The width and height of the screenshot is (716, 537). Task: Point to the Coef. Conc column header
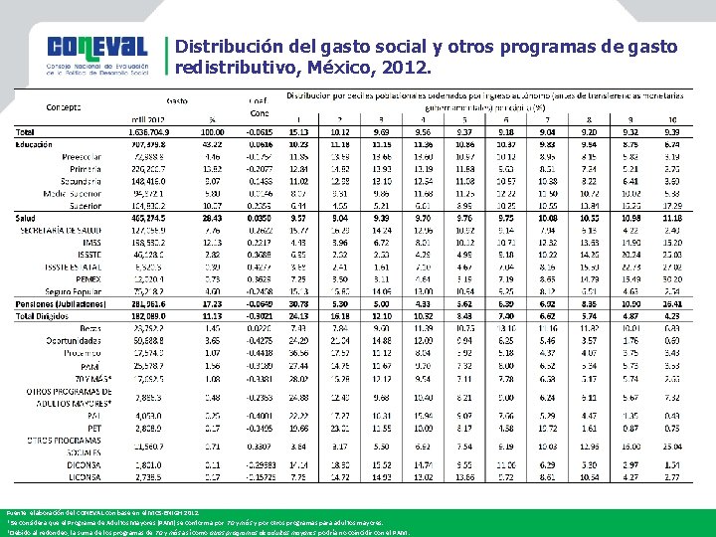(x=259, y=105)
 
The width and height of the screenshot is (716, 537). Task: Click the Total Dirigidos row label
(x=51, y=314)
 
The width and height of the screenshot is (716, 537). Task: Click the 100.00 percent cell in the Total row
(x=212, y=131)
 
